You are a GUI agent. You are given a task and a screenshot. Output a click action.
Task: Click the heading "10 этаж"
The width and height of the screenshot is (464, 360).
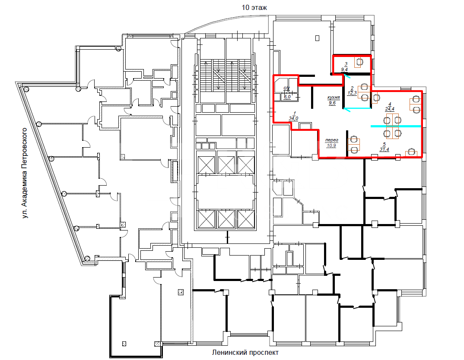[254, 7]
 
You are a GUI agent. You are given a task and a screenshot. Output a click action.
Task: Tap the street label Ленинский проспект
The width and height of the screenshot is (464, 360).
[245, 352]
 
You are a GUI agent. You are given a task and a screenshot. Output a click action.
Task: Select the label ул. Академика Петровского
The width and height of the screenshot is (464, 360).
[25, 173]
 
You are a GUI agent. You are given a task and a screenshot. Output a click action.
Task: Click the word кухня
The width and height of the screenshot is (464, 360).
[333, 97]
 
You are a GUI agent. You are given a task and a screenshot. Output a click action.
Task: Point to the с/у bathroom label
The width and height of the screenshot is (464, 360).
[287, 88]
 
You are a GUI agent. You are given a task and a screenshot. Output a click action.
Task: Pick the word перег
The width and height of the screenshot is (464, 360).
[331, 140]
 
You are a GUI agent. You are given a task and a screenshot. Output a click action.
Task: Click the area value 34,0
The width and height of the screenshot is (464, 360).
[293, 118]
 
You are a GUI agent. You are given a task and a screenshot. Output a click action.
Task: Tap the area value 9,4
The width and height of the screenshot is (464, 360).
[344, 69]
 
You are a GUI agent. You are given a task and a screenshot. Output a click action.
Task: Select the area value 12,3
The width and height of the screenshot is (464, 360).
[352, 93]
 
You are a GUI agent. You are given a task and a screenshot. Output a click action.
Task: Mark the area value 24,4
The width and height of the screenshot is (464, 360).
[390, 109]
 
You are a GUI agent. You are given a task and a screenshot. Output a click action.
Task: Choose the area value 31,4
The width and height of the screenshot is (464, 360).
[384, 149]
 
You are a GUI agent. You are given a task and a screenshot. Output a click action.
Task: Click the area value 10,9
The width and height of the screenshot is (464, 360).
[331, 145]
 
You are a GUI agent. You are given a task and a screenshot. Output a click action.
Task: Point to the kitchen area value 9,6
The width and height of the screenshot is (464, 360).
[332, 103]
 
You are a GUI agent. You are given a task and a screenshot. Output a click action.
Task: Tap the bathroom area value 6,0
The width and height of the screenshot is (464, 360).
[287, 97]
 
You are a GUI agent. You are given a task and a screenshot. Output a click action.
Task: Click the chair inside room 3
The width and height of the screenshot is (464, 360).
[359, 62]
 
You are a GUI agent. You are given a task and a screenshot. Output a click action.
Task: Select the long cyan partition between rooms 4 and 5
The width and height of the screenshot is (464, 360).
[396, 126]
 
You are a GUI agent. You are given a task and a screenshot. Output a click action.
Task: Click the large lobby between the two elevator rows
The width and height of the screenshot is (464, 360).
[226, 192]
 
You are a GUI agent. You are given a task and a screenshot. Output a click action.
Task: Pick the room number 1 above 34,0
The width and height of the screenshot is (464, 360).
[295, 113]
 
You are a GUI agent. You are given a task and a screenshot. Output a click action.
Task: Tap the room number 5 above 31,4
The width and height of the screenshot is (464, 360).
[385, 144]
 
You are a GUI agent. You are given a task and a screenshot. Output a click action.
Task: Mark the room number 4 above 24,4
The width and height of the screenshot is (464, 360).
[390, 104]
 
